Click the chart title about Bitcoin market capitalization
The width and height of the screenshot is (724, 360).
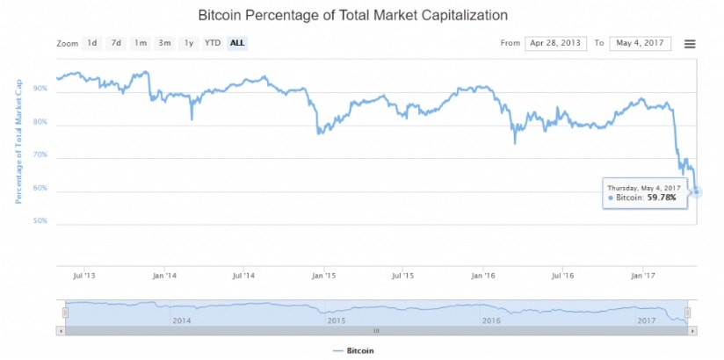(352, 15)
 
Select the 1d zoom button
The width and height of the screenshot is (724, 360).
(92, 43)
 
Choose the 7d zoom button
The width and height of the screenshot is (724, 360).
(116, 43)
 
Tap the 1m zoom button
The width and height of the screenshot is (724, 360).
(140, 43)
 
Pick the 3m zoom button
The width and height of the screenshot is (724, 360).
(163, 43)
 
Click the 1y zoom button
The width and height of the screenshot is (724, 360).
(187, 43)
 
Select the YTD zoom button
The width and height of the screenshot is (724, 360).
(212, 43)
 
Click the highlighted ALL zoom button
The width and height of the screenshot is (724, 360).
(236, 43)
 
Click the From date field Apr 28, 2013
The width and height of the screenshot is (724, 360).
(555, 43)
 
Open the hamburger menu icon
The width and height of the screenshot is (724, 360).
(690, 44)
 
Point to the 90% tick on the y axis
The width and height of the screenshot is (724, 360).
(40, 90)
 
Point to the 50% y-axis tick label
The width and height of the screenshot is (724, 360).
(40, 221)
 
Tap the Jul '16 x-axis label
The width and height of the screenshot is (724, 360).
(562, 276)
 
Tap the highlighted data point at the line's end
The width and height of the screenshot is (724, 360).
(697, 192)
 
